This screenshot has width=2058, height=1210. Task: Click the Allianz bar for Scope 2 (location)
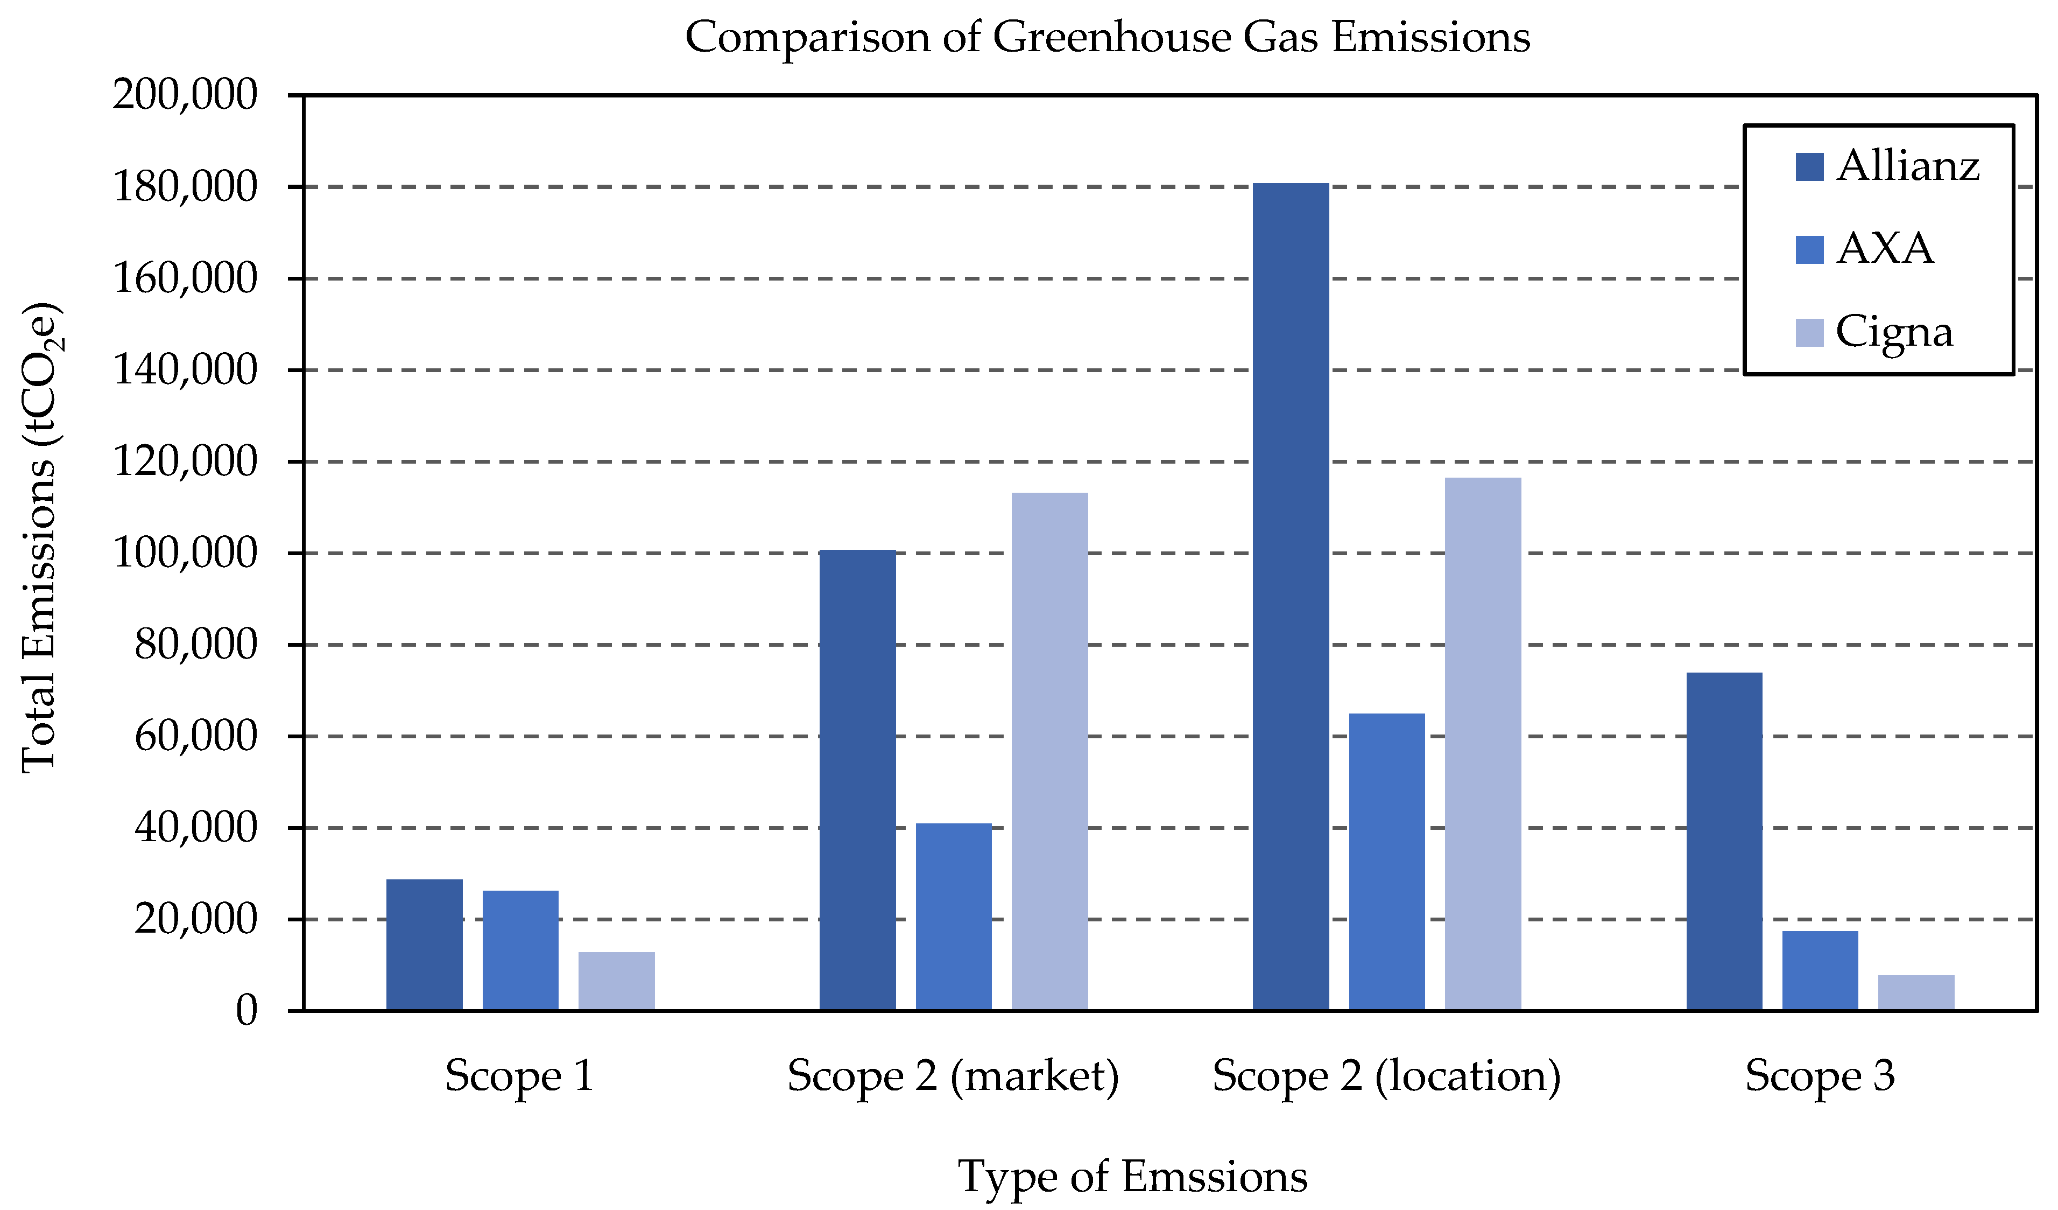[x=1291, y=597]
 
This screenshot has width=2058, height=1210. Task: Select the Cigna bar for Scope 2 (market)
[x=1049, y=752]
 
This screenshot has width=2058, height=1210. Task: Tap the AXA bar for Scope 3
[x=1820, y=970]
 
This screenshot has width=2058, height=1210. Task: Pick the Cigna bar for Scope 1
[x=617, y=981]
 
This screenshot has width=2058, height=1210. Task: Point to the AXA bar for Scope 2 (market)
[x=953, y=917]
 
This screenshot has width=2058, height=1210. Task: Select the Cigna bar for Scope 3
[x=1916, y=992]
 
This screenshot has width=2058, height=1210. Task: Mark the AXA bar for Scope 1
[x=520, y=950]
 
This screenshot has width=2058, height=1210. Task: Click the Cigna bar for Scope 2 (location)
[x=1483, y=744]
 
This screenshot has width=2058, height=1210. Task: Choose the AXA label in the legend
[x=1885, y=248]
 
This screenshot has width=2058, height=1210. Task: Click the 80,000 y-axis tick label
[x=196, y=645]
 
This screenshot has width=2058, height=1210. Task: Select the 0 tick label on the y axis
[x=246, y=1011]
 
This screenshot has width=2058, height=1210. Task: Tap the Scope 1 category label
[x=519, y=1076]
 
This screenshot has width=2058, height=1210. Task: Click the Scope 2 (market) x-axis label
[x=953, y=1076]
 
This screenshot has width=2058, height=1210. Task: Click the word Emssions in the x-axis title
[x=1214, y=1177]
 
